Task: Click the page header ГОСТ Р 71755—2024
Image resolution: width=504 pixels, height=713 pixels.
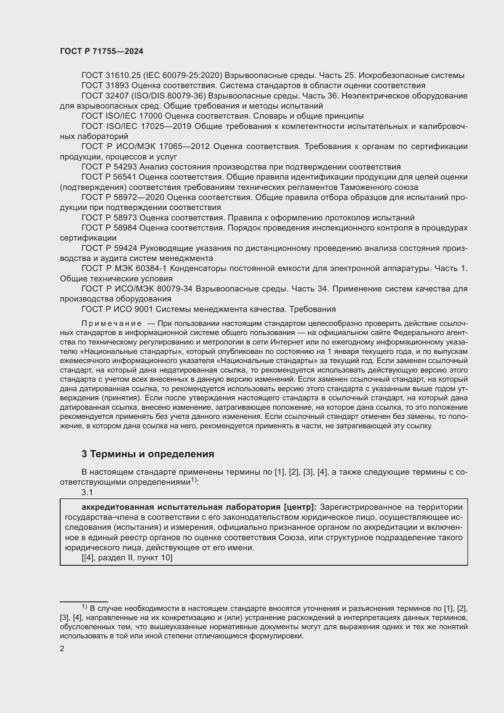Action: (x=101, y=52)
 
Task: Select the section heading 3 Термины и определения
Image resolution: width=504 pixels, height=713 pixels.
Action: (x=148, y=454)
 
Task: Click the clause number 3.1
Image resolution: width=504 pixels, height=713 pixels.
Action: (x=87, y=492)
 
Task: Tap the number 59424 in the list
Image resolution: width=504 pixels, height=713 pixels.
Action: (x=125, y=248)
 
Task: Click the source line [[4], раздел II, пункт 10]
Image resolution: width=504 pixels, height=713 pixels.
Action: (x=127, y=558)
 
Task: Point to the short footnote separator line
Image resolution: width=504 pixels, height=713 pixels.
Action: (x=84, y=602)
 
